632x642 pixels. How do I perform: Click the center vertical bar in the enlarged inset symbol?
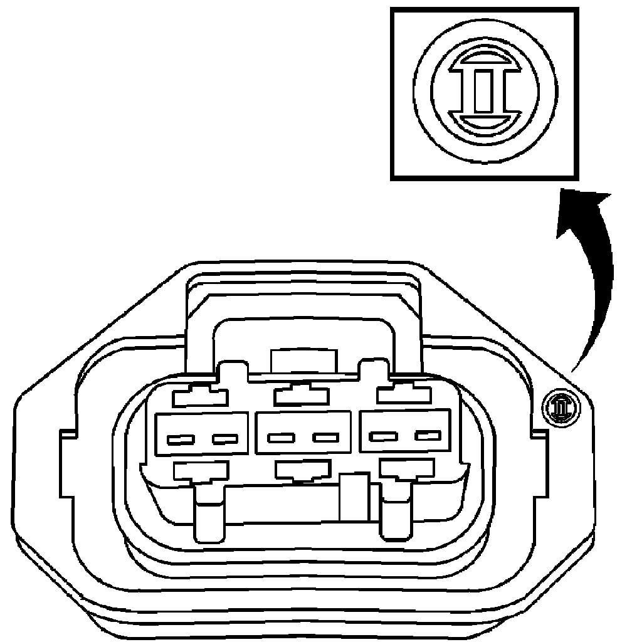click(483, 92)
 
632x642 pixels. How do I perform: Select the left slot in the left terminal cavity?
click(178, 439)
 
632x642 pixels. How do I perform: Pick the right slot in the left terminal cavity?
click(224, 438)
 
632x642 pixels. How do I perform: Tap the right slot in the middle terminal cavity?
click(326, 436)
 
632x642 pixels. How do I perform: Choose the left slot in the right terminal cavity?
click(381, 435)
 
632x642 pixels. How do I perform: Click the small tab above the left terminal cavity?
click(199, 396)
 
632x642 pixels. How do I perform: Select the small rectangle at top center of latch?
click(303, 362)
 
